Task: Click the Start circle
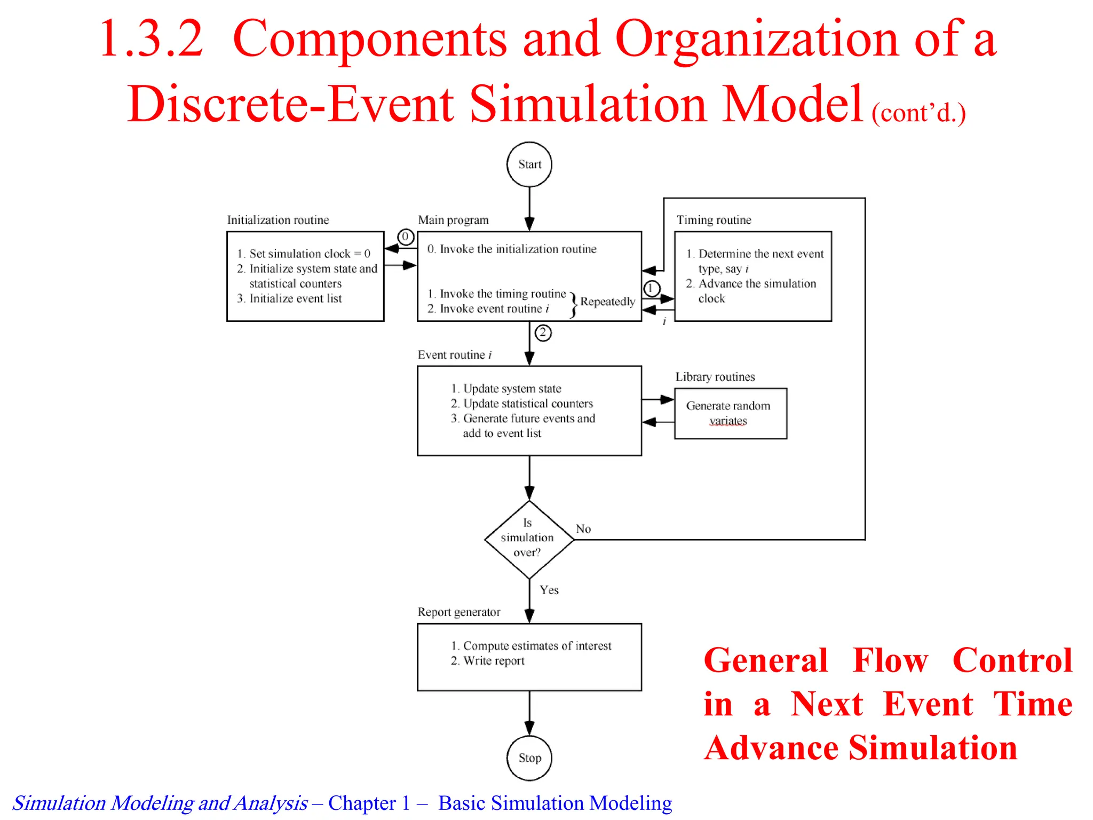[x=529, y=164]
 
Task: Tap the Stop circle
[x=529, y=758]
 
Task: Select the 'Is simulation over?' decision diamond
[x=529, y=539]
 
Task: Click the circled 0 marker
[x=406, y=236]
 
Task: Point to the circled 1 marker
[x=651, y=289]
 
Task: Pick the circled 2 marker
[x=543, y=333]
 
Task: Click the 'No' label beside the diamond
[x=583, y=529]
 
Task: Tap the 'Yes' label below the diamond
[x=549, y=590]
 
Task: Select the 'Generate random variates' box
[x=730, y=413]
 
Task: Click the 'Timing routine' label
[x=714, y=220]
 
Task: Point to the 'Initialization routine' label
[x=278, y=220]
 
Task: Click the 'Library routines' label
[x=715, y=377]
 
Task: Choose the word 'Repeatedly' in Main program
[x=607, y=302]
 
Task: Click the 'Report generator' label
[x=459, y=612]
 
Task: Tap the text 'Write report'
[x=494, y=661]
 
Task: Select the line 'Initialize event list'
[x=295, y=298]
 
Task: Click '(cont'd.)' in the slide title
[x=918, y=113]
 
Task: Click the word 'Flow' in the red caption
[x=890, y=660]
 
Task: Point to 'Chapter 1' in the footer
[x=369, y=803]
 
